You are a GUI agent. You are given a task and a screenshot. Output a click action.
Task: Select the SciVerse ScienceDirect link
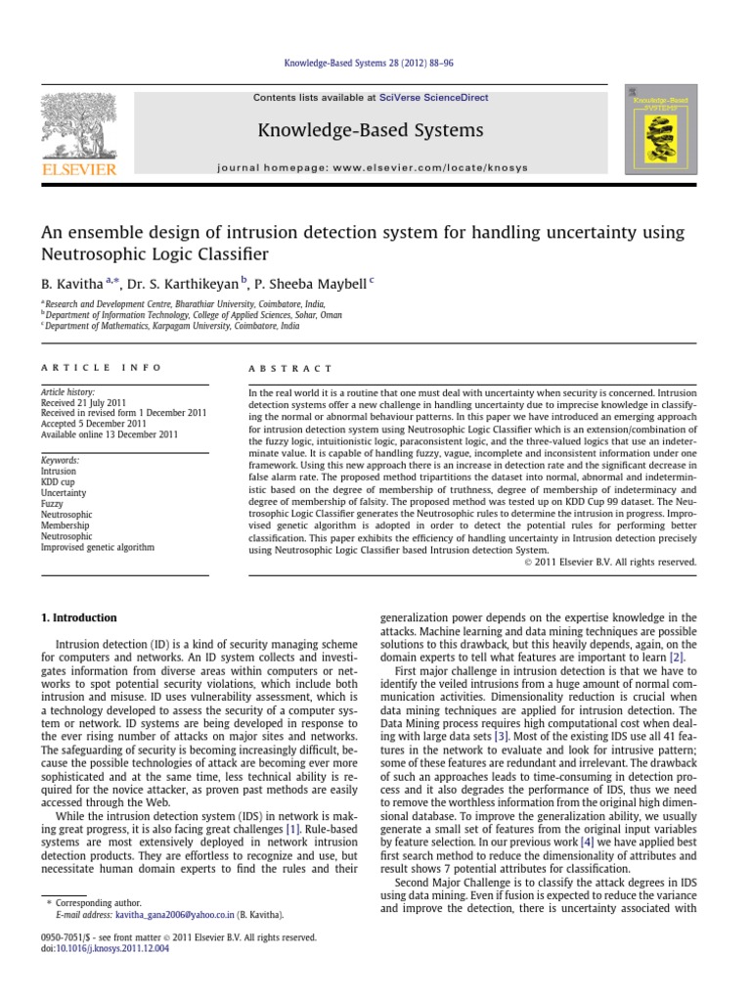coord(436,98)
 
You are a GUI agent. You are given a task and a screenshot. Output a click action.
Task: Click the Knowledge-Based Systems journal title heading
coord(370,130)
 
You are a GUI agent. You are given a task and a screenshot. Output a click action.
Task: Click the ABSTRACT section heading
coord(279,368)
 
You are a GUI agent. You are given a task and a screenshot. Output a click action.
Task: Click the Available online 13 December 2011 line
coord(110,434)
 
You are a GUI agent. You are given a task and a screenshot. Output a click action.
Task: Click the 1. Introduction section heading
coord(79,618)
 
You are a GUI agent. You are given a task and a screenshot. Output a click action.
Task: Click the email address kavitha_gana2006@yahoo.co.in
coord(173,915)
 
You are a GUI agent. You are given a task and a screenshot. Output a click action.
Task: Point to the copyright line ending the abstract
coord(609,562)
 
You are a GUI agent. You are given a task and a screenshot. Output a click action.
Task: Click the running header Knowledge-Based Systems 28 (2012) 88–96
coord(375,64)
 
